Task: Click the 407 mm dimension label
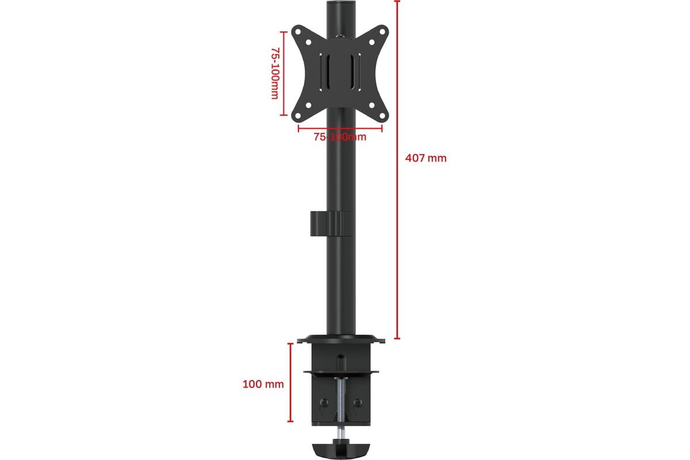(x=425, y=158)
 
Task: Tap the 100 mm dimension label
(x=263, y=384)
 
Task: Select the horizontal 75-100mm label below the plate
(x=340, y=137)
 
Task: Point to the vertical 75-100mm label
(x=275, y=73)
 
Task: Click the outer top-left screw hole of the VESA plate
(x=298, y=32)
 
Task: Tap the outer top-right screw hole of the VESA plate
(x=382, y=32)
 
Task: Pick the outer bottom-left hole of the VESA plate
(x=298, y=116)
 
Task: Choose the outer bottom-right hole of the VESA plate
(x=382, y=116)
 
